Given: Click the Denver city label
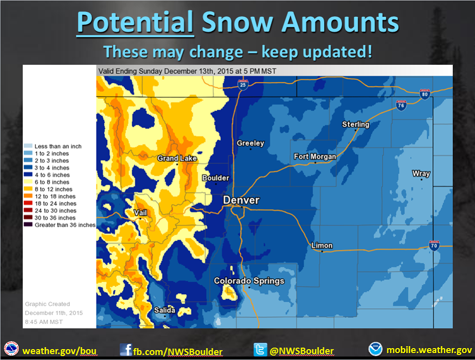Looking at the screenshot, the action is pos(241,200).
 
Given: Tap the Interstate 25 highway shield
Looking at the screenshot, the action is pos(243,85).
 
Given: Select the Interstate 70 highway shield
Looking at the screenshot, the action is pos(434,245).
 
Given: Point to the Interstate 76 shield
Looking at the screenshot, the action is pos(401,105).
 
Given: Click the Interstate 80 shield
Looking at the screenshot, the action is pos(425,94).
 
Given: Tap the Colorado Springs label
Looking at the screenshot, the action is pos(249,281).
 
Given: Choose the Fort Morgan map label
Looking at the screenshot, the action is pos(315,156).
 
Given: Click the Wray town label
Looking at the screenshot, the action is pos(421,173).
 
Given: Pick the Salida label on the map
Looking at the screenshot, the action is pos(164,310).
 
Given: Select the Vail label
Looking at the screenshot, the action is pos(140,213).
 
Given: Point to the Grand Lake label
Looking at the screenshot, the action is pos(177,158).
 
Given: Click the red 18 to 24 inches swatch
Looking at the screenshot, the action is pos(28,203).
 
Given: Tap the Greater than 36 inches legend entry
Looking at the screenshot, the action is pos(60,225).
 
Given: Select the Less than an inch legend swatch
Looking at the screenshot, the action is pos(28,146).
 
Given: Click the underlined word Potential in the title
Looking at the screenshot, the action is pos(135,22).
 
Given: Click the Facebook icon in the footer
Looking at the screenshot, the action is pos(126,350).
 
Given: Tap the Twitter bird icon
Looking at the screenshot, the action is pos(260,350).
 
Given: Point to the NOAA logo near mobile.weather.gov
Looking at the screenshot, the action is pos(376,349).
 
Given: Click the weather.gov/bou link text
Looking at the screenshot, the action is pos(59,351).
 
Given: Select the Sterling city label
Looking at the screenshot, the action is pos(356,124).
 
